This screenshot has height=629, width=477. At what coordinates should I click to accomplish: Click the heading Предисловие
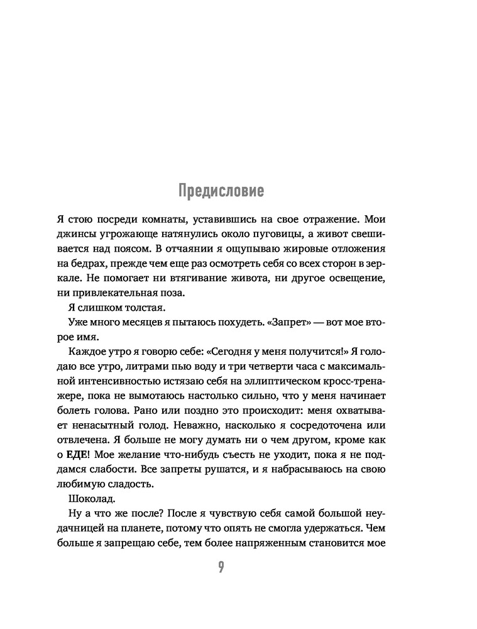pyautogui.click(x=221, y=190)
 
